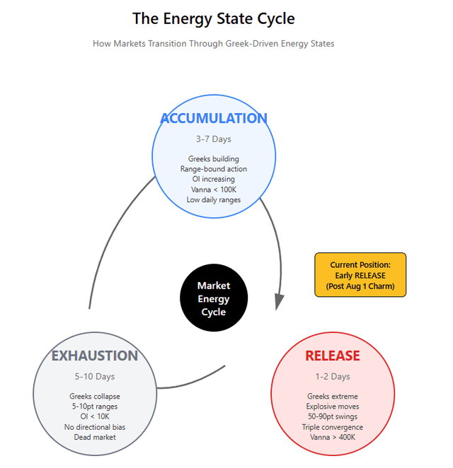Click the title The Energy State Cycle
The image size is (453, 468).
tap(214, 19)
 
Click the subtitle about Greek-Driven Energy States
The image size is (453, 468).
tap(213, 44)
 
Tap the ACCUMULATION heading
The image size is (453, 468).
tap(214, 118)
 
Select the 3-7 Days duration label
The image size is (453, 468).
tap(214, 139)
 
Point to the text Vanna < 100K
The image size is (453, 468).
tap(214, 189)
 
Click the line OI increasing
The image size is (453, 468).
tap(214, 179)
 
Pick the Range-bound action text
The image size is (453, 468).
tap(214, 169)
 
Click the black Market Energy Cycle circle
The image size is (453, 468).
tap(214, 297)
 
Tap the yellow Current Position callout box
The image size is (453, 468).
tap(360, 275)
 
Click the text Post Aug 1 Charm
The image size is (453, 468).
tap(360, 286)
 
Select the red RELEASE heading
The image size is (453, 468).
tap(333, 356)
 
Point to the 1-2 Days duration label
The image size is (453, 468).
tap(333, 377)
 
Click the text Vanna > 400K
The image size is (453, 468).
tap(333, 437)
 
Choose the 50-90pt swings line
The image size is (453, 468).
tap(333, 416)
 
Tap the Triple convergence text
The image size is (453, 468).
tap(333, 427)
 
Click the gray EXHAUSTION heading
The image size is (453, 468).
tap(95, 356)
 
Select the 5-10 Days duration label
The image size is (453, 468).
tap(95, 377)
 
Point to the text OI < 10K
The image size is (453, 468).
tap(95, 416)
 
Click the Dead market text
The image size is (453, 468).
tap(95, 437)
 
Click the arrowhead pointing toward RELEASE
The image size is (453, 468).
tap(279, 301)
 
